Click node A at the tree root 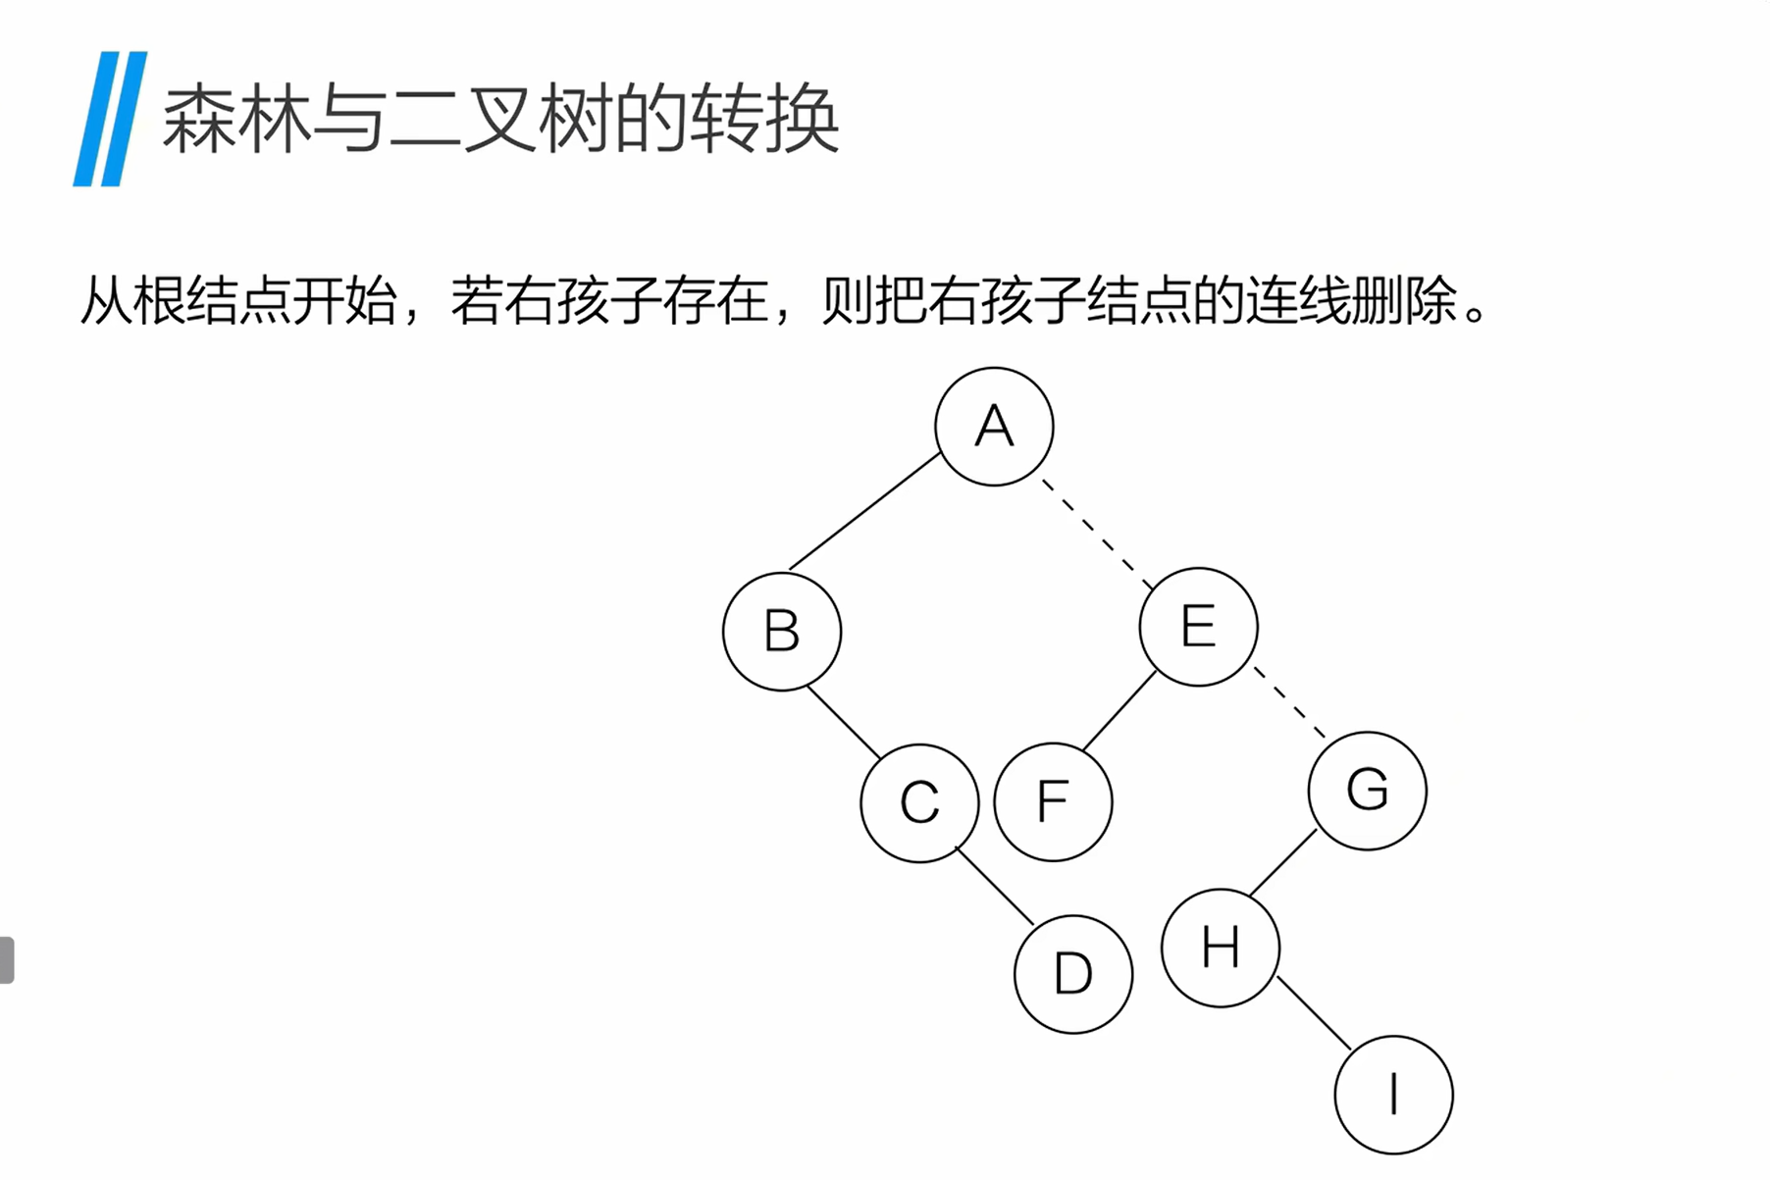click(994, 427)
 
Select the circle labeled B click(782, 631)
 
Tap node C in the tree click(919, 803)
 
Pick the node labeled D click(1072, 974)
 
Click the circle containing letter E click(1198, 627)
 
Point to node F click(1053, 802)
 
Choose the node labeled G click(1367, 791)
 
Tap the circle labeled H click(1221, 948)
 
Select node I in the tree click(1393, 1095)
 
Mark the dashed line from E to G click(1289, 702)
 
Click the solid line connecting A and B click(864, 511)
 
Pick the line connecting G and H click(1282, 862)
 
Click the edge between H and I click(1314, 1013)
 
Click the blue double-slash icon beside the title click(110, 119)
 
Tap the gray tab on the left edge click(7, 959)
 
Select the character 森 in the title click(197, 119)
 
